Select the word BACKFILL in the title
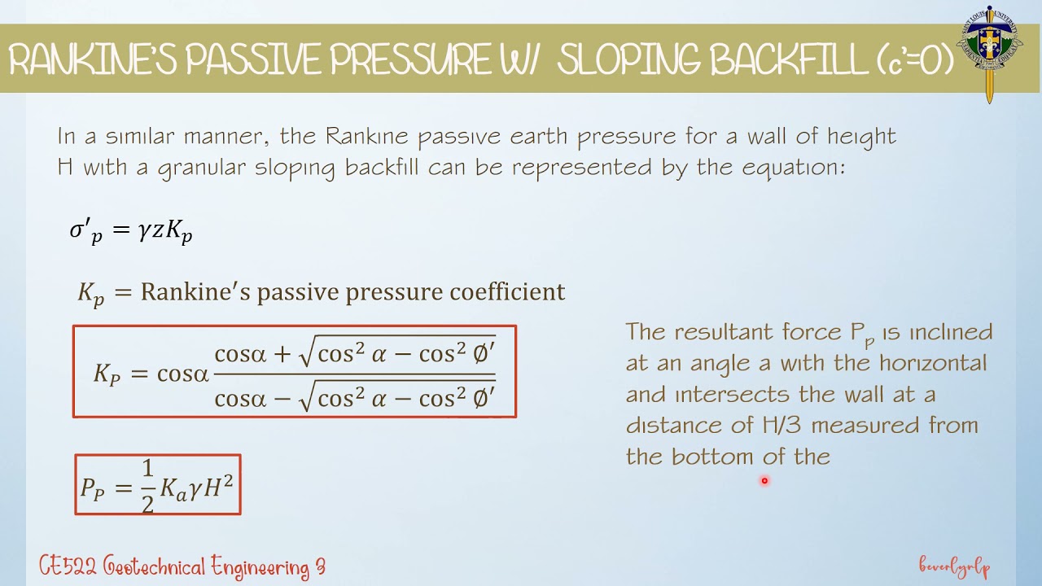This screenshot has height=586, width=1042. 785,60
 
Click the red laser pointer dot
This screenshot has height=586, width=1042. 764,481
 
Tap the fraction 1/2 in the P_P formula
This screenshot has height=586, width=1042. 147,486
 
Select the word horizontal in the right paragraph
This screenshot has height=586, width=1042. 932,363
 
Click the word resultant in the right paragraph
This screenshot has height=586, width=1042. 732,332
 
